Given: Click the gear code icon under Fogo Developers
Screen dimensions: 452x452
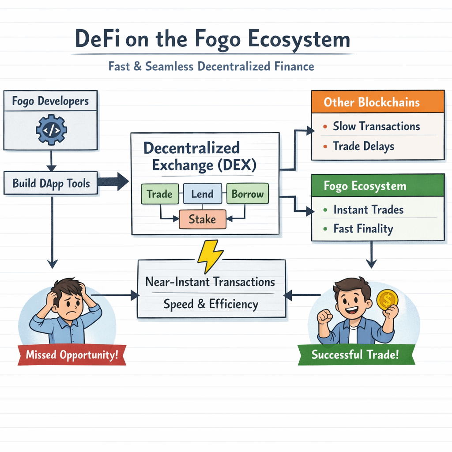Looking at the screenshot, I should click(51, 130).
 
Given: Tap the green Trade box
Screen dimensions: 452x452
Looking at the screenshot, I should click(159, 194).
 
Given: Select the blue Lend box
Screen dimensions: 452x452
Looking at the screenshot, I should click(202, 194).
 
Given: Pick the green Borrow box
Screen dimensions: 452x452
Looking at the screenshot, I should click(247, 194).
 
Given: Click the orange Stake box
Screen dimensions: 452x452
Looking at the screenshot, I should click(202, 219).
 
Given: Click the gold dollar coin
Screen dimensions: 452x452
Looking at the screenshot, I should click(387, 300).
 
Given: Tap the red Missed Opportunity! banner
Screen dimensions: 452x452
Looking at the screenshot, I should click(72, 355).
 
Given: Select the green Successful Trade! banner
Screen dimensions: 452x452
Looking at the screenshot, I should click(355, 354).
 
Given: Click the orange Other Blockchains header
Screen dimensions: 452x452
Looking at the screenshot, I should click(377, 102).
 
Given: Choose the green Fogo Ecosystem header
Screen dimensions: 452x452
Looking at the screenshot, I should click(377, 185).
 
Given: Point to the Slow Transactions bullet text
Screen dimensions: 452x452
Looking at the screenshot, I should click(376, 126).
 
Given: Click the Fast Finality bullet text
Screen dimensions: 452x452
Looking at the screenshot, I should click(363, 229).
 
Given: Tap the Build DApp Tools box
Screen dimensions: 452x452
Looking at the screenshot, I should click(51, 184).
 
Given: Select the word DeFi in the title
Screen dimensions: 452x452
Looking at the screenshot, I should click(98, 39).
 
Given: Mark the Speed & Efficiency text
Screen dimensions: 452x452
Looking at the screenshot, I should click(211, 304).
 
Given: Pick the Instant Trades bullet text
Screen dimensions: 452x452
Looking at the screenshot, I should click(368, 210).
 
